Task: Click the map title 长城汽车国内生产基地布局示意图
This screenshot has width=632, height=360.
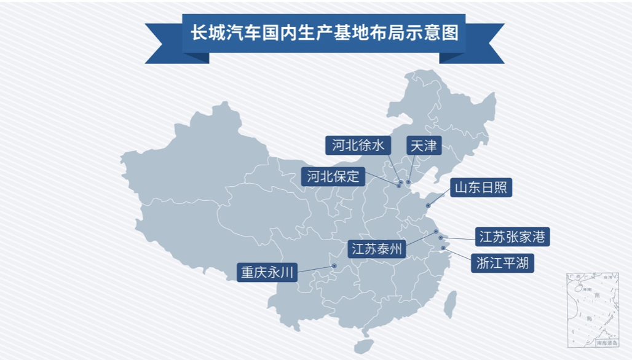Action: [324, 33]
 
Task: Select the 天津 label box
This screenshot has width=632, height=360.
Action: [424, 145]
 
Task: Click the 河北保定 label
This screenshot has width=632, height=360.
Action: [333, 177]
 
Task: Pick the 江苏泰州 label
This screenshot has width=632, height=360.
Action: [376, 249]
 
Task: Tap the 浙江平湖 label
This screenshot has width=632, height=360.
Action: [502, 264]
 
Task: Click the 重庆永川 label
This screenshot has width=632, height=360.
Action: [267, 272]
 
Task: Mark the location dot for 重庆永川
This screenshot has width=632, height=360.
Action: [334, 265]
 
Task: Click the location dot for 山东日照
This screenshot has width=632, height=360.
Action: [428, 205]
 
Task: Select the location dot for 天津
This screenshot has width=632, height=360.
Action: [408, 182]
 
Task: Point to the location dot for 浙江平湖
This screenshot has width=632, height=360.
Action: [443, 248]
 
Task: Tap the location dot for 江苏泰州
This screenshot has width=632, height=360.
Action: [436, 232]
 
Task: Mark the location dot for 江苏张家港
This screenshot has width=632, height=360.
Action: [441, 237]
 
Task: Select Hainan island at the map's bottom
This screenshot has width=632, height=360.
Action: [364, 346]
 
